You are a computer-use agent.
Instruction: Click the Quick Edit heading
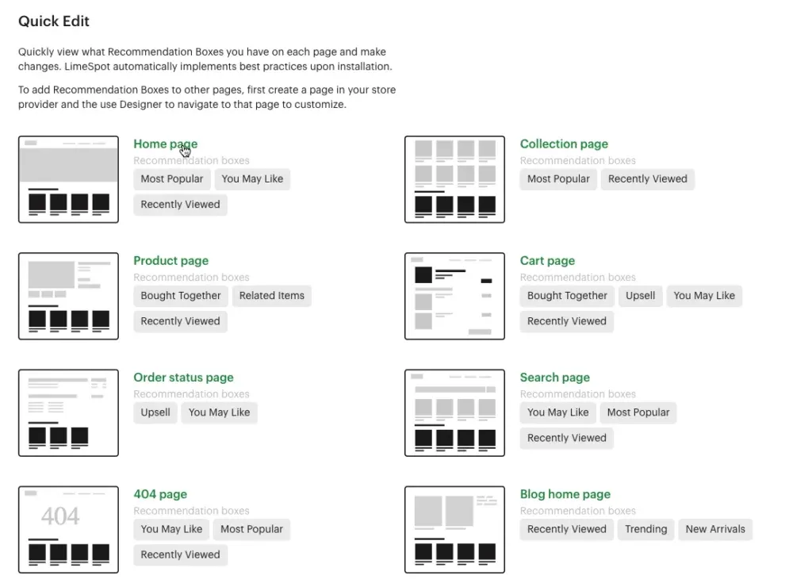click(54, 21)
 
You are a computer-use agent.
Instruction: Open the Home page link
click(165, 144)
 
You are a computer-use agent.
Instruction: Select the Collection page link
click(564, 144)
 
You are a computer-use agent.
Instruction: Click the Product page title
click(170, 260)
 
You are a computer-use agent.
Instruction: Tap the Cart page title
click(547, 260)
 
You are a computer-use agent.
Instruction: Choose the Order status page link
click(183, 377)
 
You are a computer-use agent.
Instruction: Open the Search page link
click(554, 377)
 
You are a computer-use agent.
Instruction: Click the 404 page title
click(160, 493)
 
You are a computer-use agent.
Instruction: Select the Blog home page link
click(565, 493)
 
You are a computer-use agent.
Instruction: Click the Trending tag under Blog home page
click(645, 529)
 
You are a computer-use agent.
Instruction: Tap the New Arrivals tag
click(715, 529)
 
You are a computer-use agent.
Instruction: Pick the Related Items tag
click(271, 296)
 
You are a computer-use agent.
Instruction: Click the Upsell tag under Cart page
click(640, 296)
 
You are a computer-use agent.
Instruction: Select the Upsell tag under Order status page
click(155, 412)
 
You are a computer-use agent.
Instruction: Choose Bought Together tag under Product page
click(181, 296)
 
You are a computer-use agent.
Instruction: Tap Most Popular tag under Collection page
click(558, 179)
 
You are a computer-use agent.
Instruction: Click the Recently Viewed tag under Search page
click(566, 438)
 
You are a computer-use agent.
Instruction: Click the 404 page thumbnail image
click(68, 529)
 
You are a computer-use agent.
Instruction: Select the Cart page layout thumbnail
click(454, 296)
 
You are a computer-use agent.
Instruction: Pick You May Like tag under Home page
click(252, 179)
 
